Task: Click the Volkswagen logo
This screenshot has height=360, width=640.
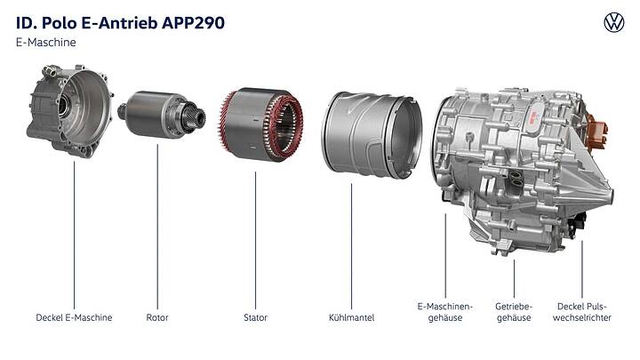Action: [x=614, y=22]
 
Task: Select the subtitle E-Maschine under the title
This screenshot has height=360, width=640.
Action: [x=43, y=42]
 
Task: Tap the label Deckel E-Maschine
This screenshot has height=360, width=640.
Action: [x=74, y=317]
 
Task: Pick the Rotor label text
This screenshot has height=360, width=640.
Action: [x=157, y=317]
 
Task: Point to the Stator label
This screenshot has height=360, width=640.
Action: [x=255, y=317]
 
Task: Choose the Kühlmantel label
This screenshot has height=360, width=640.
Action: [x=351, y=317]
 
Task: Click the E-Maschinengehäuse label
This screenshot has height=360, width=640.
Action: [x=444, y=312]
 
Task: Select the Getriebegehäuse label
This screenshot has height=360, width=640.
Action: [x=514, y=312]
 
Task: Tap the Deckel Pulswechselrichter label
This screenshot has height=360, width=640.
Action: [x=583, y=312]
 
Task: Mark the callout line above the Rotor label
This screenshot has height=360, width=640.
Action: [x=157, y=222]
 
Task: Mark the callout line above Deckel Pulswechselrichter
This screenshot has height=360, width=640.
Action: [x=582, y=267]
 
